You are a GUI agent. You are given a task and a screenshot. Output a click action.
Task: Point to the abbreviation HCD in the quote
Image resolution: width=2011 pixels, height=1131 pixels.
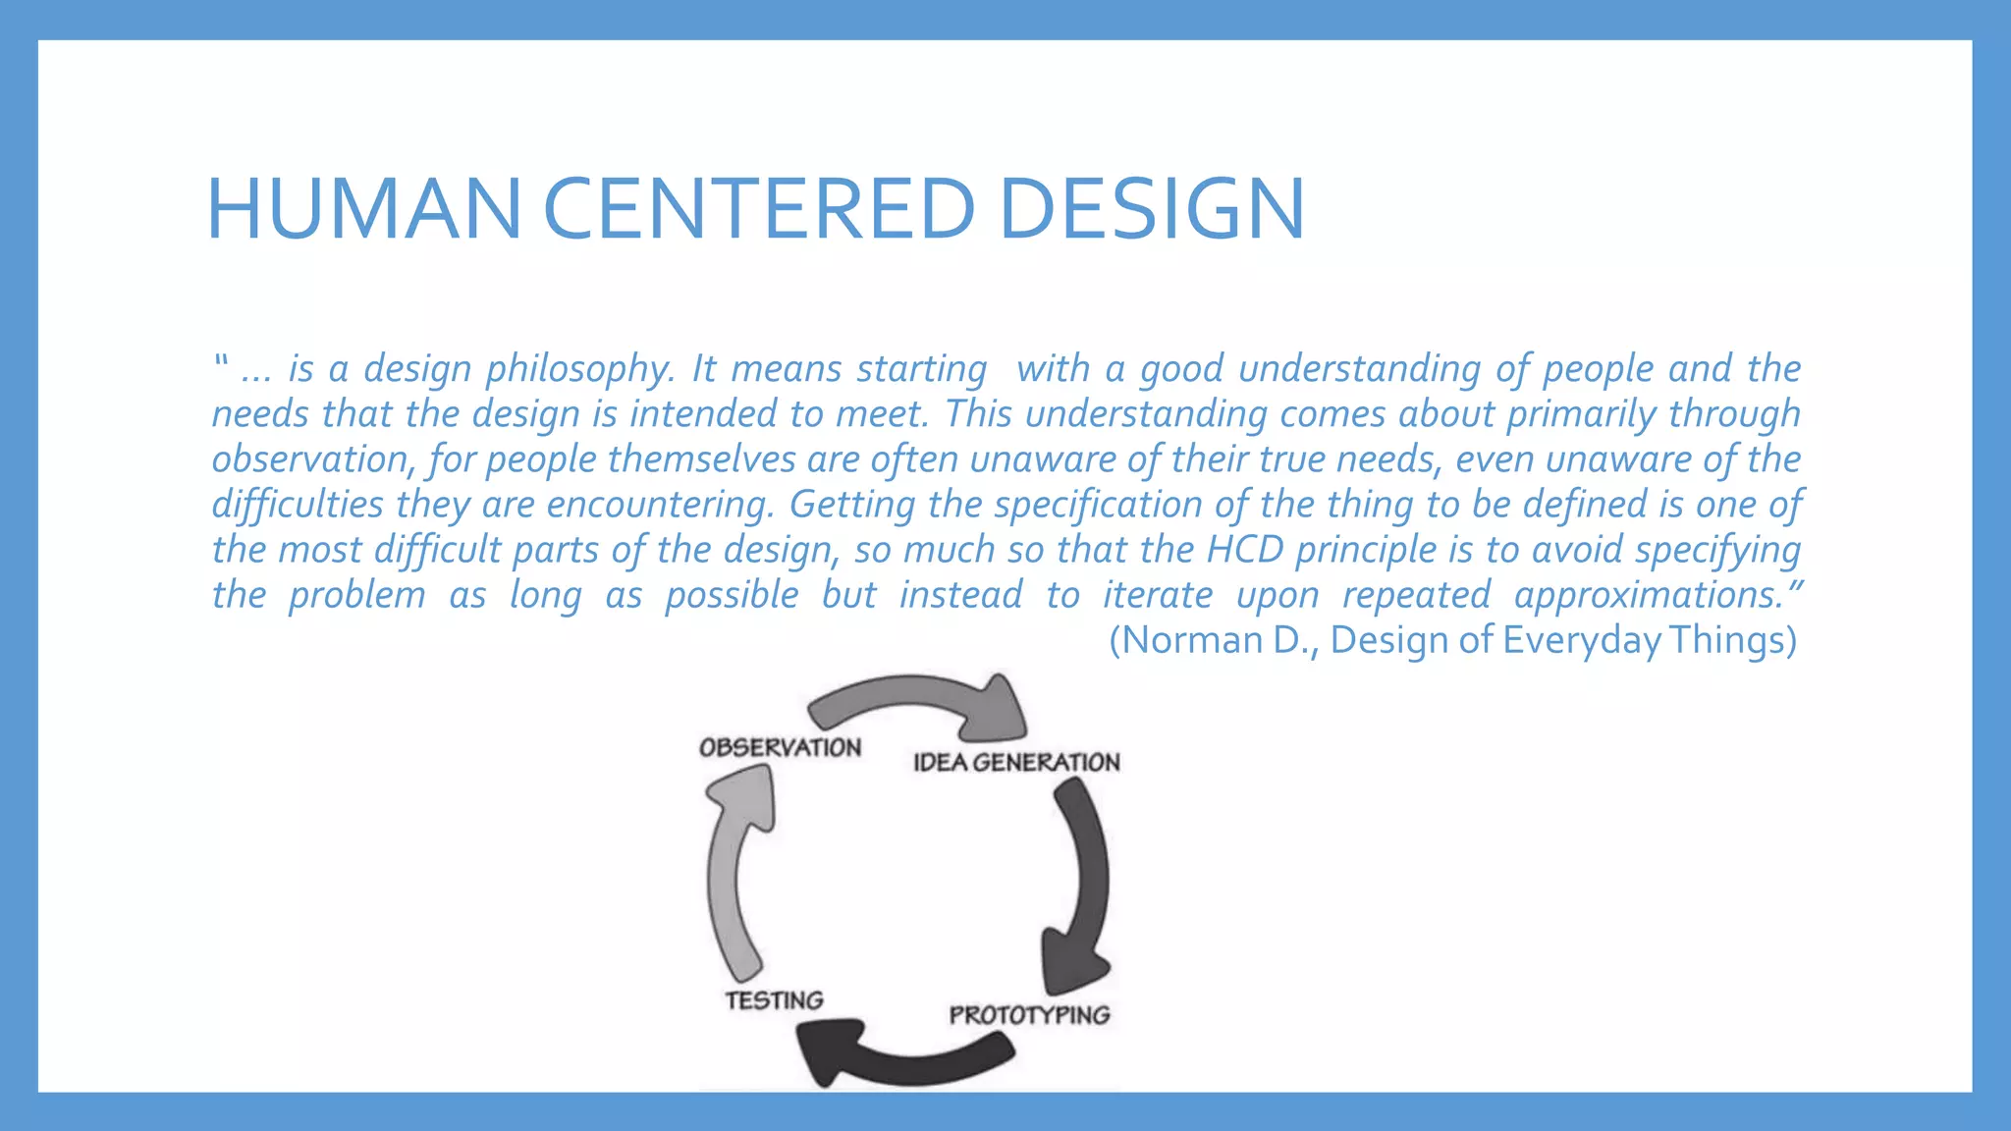[x=1244, y=550]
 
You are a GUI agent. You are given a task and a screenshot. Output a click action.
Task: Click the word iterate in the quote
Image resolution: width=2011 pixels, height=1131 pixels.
[x=1158, y=595]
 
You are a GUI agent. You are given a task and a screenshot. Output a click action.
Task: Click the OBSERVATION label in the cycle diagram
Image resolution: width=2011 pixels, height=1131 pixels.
[x=780, y=747]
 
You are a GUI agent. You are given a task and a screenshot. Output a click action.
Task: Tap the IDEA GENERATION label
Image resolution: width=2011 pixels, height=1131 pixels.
[x=1015, y=763]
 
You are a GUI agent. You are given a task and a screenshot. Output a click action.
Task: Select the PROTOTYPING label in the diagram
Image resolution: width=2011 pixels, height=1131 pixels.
[x=1029, y=1015]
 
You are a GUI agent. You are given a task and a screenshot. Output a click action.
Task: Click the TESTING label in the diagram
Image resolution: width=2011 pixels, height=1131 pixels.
[x=774, y=1000]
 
